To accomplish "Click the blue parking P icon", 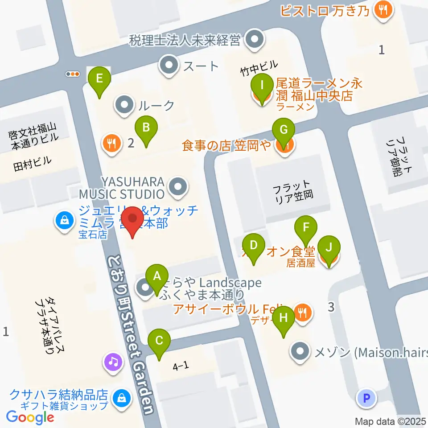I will click(x=367, y=399).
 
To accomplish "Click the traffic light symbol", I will click(x=72, y=74).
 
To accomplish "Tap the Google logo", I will click(x=30, y=417).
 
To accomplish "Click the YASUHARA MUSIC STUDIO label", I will click(x=121, y=188).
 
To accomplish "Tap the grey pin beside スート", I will click(x=169, y=66).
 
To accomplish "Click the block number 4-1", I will click(x=181, y=366).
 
